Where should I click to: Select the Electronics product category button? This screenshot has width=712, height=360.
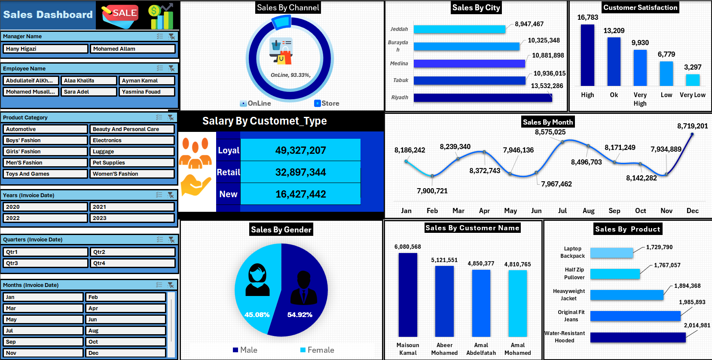click(132, 140)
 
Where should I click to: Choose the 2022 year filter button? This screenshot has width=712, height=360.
click(45, 218)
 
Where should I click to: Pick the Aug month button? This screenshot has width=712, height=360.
click(126, 331)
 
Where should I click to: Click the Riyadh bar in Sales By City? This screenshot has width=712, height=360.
click(483, 98)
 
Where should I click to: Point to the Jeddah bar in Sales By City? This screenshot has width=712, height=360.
click(459, 29)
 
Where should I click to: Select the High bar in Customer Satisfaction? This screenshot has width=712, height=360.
click(587, 55)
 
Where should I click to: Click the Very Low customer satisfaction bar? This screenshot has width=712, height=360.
click(692, 80)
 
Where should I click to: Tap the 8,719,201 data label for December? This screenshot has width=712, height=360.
click(692, 126)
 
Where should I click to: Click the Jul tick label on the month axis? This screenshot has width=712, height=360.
click(562, 211)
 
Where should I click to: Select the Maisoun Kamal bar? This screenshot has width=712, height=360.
click(408, 295)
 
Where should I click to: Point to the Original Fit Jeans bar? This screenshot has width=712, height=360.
click(635, 316)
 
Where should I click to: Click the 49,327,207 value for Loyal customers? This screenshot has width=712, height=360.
click(300, 150)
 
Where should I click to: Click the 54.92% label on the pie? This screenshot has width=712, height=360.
click(299, 315)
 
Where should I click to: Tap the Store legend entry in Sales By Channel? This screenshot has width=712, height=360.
click(327, 104)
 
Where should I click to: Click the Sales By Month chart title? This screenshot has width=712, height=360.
click(547, 122)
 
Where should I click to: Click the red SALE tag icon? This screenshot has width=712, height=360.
click(120, 15)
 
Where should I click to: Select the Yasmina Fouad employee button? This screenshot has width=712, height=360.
click(147, 92)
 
